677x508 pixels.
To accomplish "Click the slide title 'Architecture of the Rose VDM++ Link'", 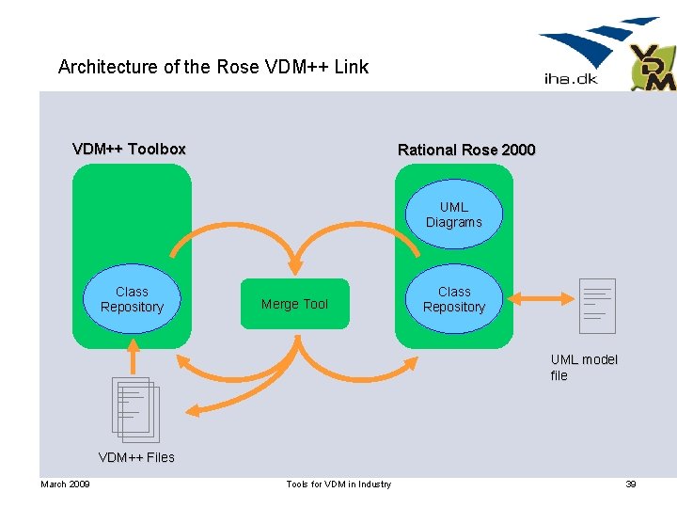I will [x=213, y=67].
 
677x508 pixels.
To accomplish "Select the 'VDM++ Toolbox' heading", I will [x=129, y=149].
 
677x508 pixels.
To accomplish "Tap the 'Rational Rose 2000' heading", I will [x=466, y=150].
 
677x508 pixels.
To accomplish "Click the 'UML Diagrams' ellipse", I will [x=453, y=215].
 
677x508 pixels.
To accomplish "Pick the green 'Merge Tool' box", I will [x=294, y=304].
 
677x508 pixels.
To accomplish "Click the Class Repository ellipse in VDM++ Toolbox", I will [x=132, y=300].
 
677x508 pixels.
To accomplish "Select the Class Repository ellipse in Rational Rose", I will [x=453, y=300].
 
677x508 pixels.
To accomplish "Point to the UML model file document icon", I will [x=597, y=306].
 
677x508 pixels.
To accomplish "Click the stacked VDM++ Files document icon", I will [x=136, y=409].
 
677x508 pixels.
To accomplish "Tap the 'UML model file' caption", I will [x=584, y=368].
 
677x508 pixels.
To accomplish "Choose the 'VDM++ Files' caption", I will [x=136, y=457].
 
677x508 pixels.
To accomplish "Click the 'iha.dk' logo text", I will [x=571, y=79].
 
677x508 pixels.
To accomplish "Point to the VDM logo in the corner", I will [x=653, y=68].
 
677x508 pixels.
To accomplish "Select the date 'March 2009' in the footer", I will [x=65, y=484].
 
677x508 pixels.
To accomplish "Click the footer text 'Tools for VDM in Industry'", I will [x=338, y=484].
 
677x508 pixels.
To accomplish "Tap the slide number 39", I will [x=631, y=484].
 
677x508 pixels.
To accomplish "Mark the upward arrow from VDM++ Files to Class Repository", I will [x=133, y=356].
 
